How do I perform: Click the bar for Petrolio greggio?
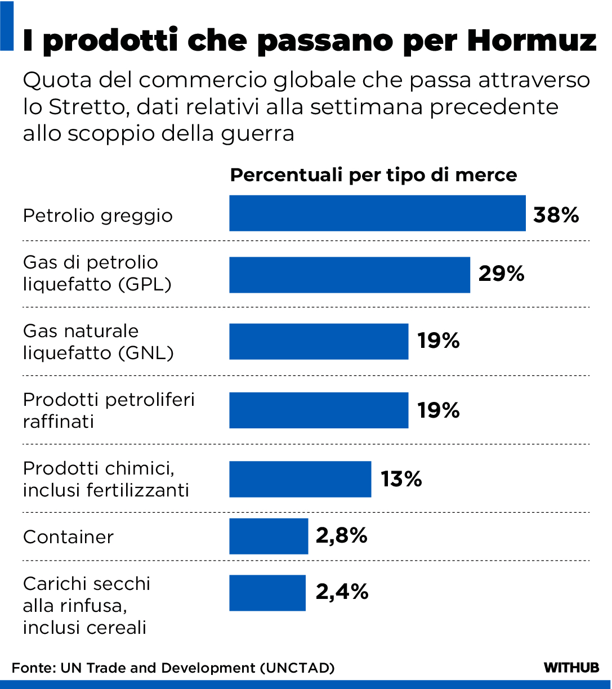377,213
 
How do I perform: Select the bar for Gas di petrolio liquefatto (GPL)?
350,275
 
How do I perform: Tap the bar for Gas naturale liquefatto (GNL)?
319,341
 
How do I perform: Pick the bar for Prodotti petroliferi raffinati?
319,410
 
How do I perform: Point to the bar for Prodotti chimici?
300,479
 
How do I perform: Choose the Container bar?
269,536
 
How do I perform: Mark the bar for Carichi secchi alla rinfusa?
267,593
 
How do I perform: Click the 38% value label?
556,215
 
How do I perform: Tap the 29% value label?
501,274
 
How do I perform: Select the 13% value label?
401,479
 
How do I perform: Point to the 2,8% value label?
341,535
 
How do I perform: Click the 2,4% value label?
342,592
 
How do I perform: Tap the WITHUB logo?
571,668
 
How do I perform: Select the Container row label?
69,537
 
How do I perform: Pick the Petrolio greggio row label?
98,216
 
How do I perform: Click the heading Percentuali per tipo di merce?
373,175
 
